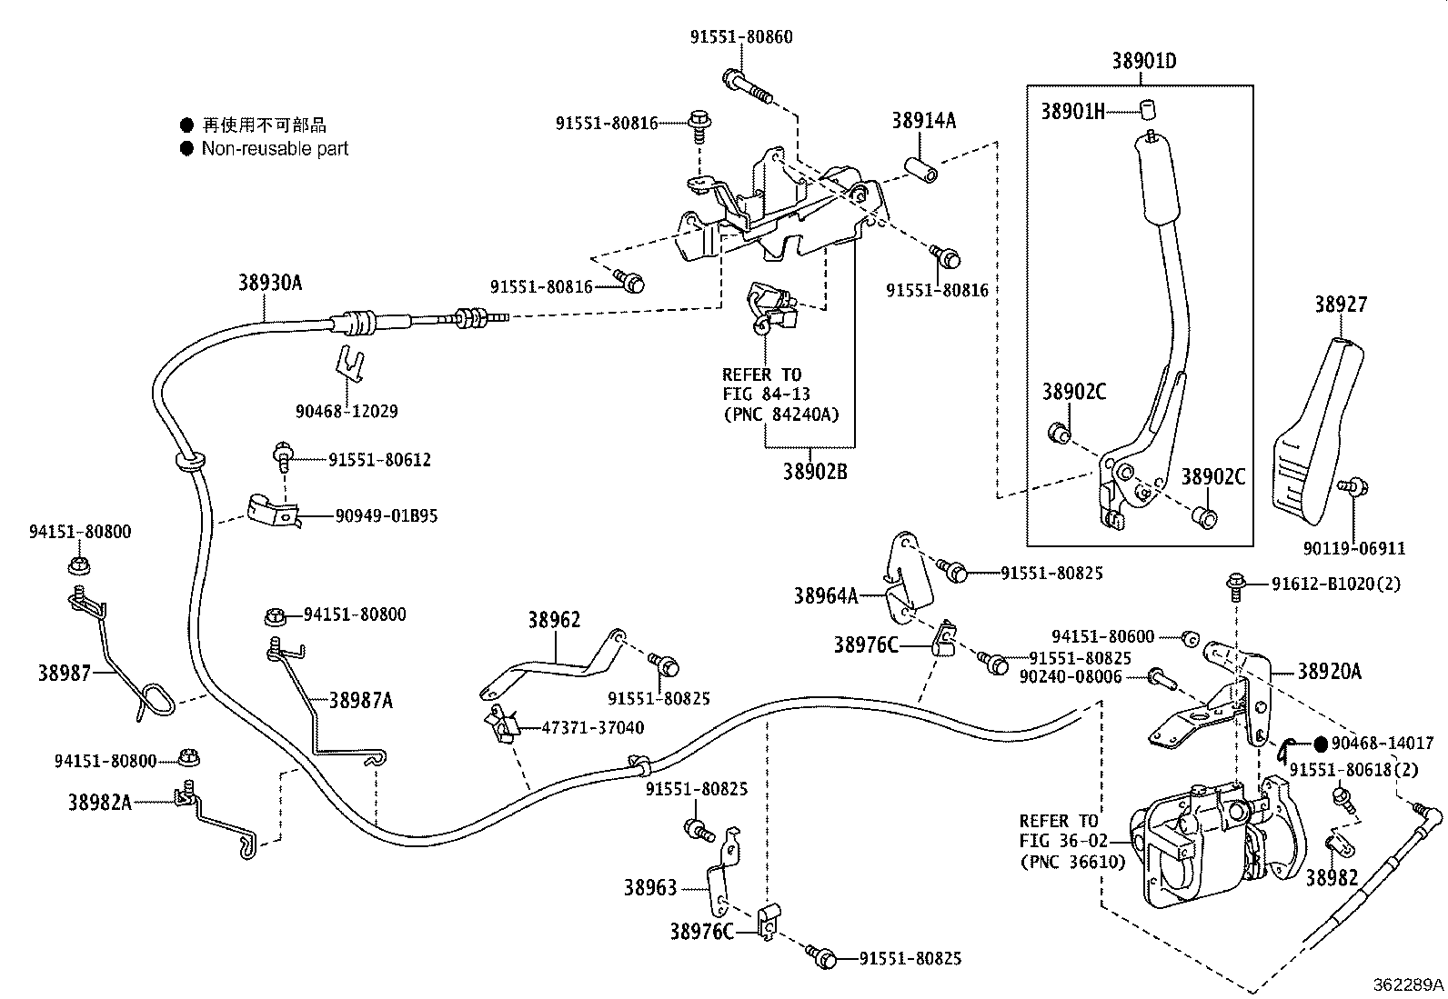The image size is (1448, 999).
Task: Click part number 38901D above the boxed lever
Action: coord(1143,61)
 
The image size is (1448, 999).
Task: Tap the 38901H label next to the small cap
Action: coord(1072,111)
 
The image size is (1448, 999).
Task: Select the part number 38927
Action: coord(1340,305)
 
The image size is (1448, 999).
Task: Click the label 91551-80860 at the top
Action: coord(740,37)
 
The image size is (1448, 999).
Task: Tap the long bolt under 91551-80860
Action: coord(747,86)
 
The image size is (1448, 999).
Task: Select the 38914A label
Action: coord(923,121)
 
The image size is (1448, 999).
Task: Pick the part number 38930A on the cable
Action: coord(270,283)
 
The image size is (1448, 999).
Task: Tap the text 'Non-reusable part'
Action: coord(275,148)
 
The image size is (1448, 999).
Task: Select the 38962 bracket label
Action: coord(554,620)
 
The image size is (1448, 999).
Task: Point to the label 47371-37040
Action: coord(592,727)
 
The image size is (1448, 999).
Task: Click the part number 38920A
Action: coord(1329,672)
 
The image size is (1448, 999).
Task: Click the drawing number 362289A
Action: coord(1408,984)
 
